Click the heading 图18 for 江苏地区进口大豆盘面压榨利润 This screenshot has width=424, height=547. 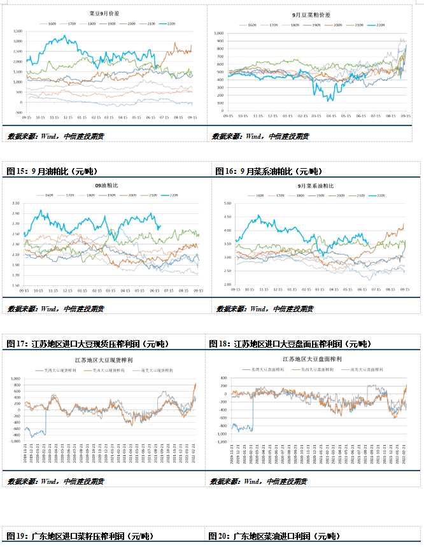pos(290,344)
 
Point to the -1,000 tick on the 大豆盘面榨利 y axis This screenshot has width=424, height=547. pos(220,441)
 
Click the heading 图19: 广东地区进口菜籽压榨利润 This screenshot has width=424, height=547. pos(80,536)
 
